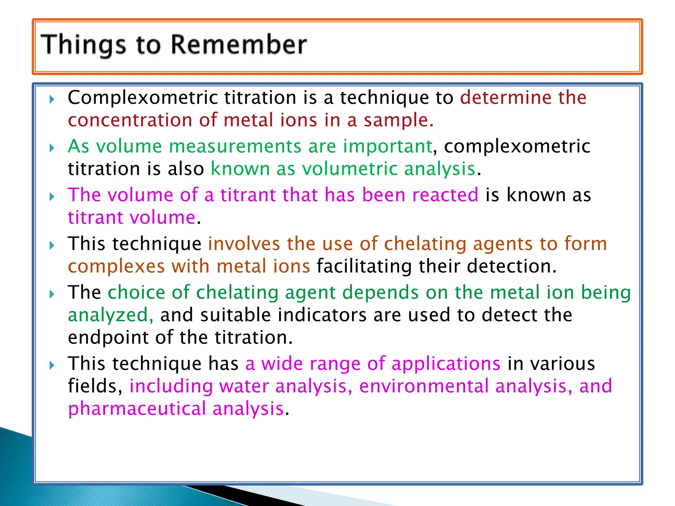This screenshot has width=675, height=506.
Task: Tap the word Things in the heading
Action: tap(83, 45)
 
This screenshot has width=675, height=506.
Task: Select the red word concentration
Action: tap(130, 120)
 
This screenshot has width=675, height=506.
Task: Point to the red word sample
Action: tap(398, 121)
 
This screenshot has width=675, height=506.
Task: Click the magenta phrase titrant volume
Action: tap(132, 217)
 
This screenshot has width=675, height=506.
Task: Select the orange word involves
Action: tap(244, 244)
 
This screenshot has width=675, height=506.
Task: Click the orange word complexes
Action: tap(116, 266)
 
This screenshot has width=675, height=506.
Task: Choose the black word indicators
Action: tap(322, 315)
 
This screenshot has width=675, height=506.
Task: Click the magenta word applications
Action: tap(446, 364)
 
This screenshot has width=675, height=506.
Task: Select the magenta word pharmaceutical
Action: tap(137, 409)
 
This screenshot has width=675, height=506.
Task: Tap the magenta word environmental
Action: tap(424, 386)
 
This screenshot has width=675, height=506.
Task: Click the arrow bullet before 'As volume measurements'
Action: tap(51, 148)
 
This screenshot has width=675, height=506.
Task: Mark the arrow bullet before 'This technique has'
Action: tap(51, 365)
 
